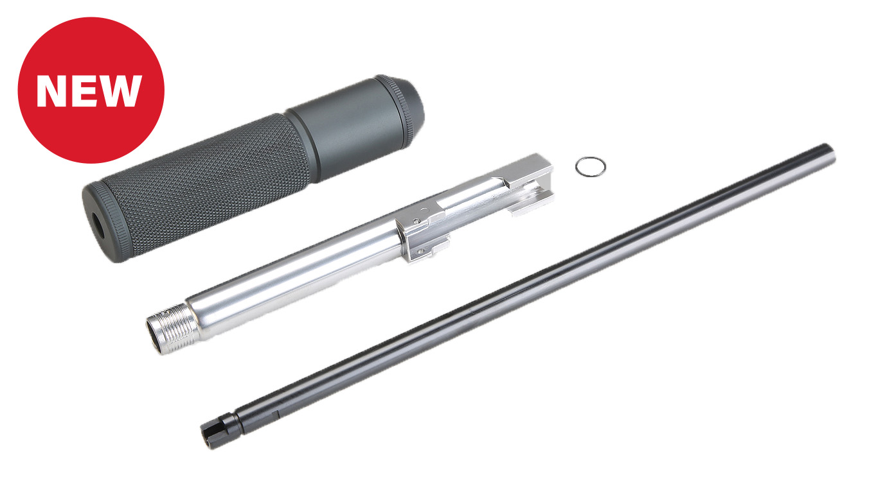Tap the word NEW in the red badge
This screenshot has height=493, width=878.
89,91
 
